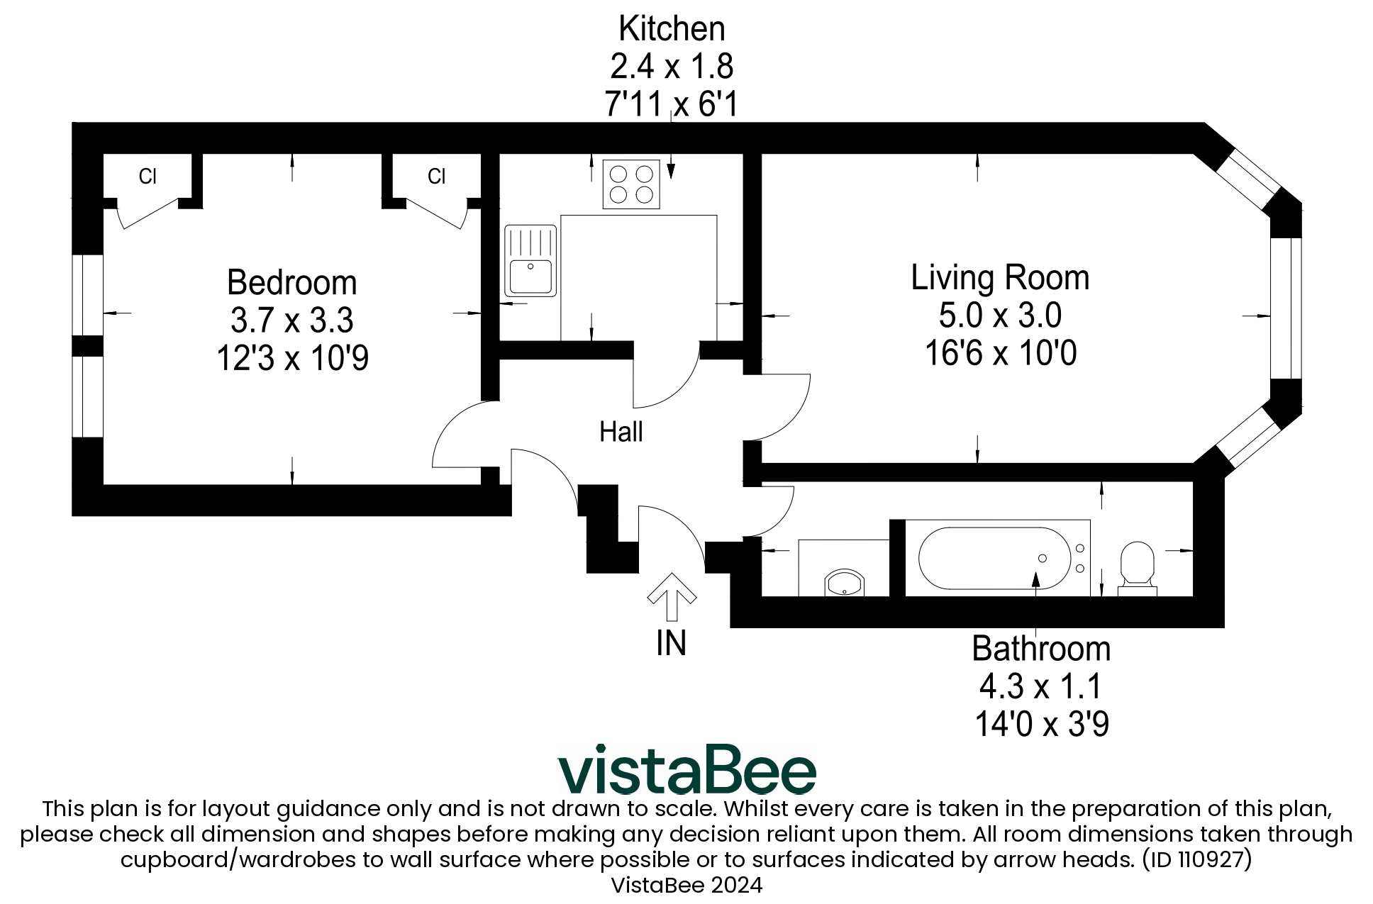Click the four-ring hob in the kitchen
(x=630, y=184)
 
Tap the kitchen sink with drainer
(x=530, y=260)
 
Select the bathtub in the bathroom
(x=994, y=558)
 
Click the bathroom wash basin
(x=844, y=583)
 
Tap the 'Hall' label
(x=621, y=432)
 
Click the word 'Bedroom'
(x=291, y=283)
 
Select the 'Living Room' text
(x=999, y=278)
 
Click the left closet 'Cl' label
(x=148, y=177)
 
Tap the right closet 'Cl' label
(x=436, y=177)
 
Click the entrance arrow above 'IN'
(x=672, y=596)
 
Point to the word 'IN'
(x=671, y=643)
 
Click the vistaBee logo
(x=686, y=770)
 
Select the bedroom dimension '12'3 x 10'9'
(x=292, y=358)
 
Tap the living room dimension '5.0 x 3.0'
(x=999, y=316)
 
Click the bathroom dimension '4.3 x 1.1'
(x=1040, y=686)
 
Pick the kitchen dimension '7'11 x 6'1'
(x=671, y=104)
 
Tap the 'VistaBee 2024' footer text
(x=686, y=885)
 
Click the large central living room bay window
(x=1286, y=308)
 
